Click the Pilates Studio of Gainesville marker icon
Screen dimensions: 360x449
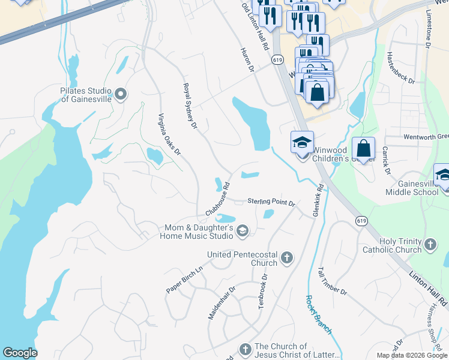pyautogui.click(x=121, y=94)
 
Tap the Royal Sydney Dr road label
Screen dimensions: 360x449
pyautogui.click(x=190, y=106)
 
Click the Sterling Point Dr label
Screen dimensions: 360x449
pyautogui.click(x=272, y=203)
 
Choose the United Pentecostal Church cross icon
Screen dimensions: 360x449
pyautogui.click(x=287, y=259)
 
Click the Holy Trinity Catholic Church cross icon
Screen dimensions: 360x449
pyautogui.click(x=430, y=244)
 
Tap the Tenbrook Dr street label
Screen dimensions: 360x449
pyautogui.click(x=262, y=291)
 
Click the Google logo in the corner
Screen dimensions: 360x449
pyautogui.click(x=20, y=353)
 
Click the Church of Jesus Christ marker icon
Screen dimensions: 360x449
pyautogui.click(x=245, y=349)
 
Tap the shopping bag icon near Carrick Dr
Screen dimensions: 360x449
pyautogui.click(x=364, y=148)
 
